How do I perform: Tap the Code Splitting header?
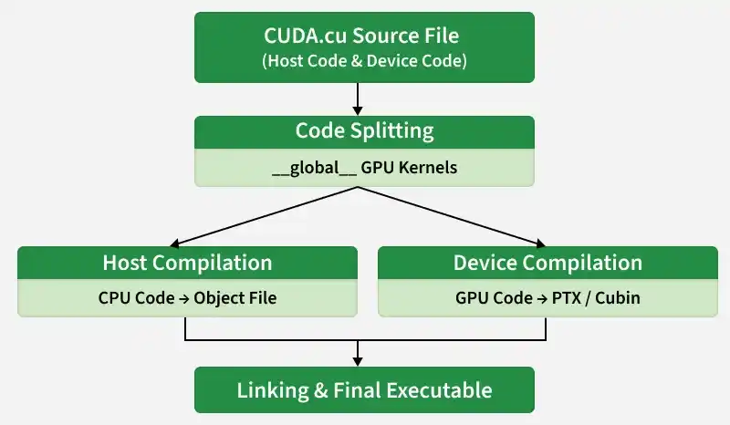[x=364, y=130]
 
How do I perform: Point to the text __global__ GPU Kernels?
[x=364, y=168]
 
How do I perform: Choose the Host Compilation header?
[x=187, y=263]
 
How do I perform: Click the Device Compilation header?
[x=547, y=263]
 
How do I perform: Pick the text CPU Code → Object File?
[x=187, y=298]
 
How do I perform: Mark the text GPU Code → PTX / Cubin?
[x=547, y=298]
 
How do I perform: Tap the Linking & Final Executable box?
[x=364, y=390]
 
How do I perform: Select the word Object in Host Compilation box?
[x=223, y=298]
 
